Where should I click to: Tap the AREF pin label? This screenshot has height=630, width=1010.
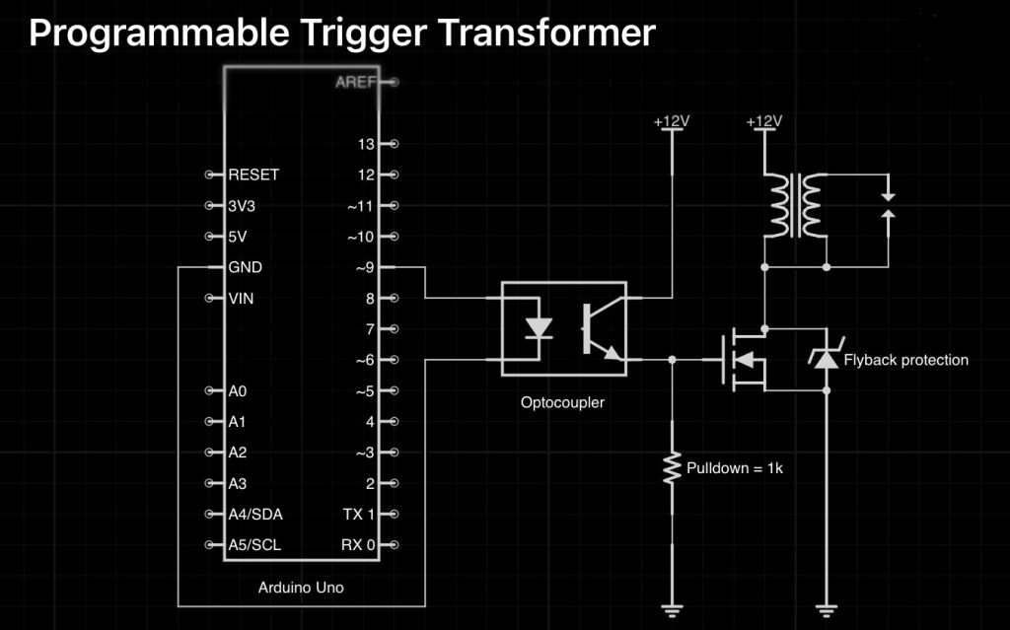pos(355,82)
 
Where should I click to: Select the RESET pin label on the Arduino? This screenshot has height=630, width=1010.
pos(253,175)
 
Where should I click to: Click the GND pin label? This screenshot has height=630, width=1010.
pos(245,267)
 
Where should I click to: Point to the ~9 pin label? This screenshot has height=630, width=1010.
pos(365,267)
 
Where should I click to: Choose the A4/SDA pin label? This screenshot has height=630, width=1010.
pos(255,514)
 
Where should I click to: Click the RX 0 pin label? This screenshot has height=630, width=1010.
pos(358,545)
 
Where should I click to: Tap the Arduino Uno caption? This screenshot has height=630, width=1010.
pos(301,588)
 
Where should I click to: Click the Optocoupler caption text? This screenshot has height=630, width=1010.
pos(562,402)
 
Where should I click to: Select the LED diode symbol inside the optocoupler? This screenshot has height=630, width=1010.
pos(539,327)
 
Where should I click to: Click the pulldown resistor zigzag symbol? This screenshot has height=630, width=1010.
pos(672,467)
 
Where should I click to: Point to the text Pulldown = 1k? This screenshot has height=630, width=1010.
pos(735,468)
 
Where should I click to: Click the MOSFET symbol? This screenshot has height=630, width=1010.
pos(741,360)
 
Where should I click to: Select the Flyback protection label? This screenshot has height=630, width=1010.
pos(906,360)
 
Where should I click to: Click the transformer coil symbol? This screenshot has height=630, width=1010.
pos(796,205)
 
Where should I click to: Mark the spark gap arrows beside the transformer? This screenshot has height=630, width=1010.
pos(889,205)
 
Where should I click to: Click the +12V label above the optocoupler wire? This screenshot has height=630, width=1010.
pos(672,121)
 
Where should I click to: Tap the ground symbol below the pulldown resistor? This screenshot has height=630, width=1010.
pos(672,609)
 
